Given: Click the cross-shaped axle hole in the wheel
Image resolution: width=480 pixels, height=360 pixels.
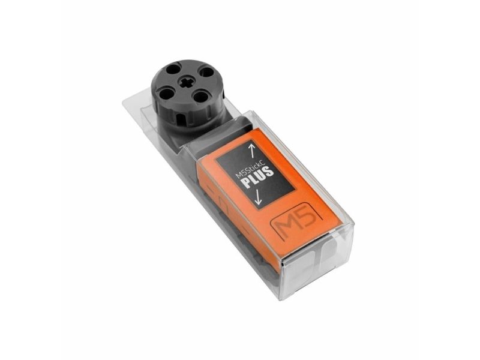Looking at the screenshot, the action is point(187,83).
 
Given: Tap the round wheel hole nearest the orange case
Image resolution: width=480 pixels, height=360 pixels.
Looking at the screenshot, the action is point(201,97).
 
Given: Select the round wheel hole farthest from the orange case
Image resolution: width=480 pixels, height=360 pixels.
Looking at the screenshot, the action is point(173,69).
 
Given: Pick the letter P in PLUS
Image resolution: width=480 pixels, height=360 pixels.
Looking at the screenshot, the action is point(246,184).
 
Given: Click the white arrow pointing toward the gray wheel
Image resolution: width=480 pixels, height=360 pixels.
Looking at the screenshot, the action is point(252,149).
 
